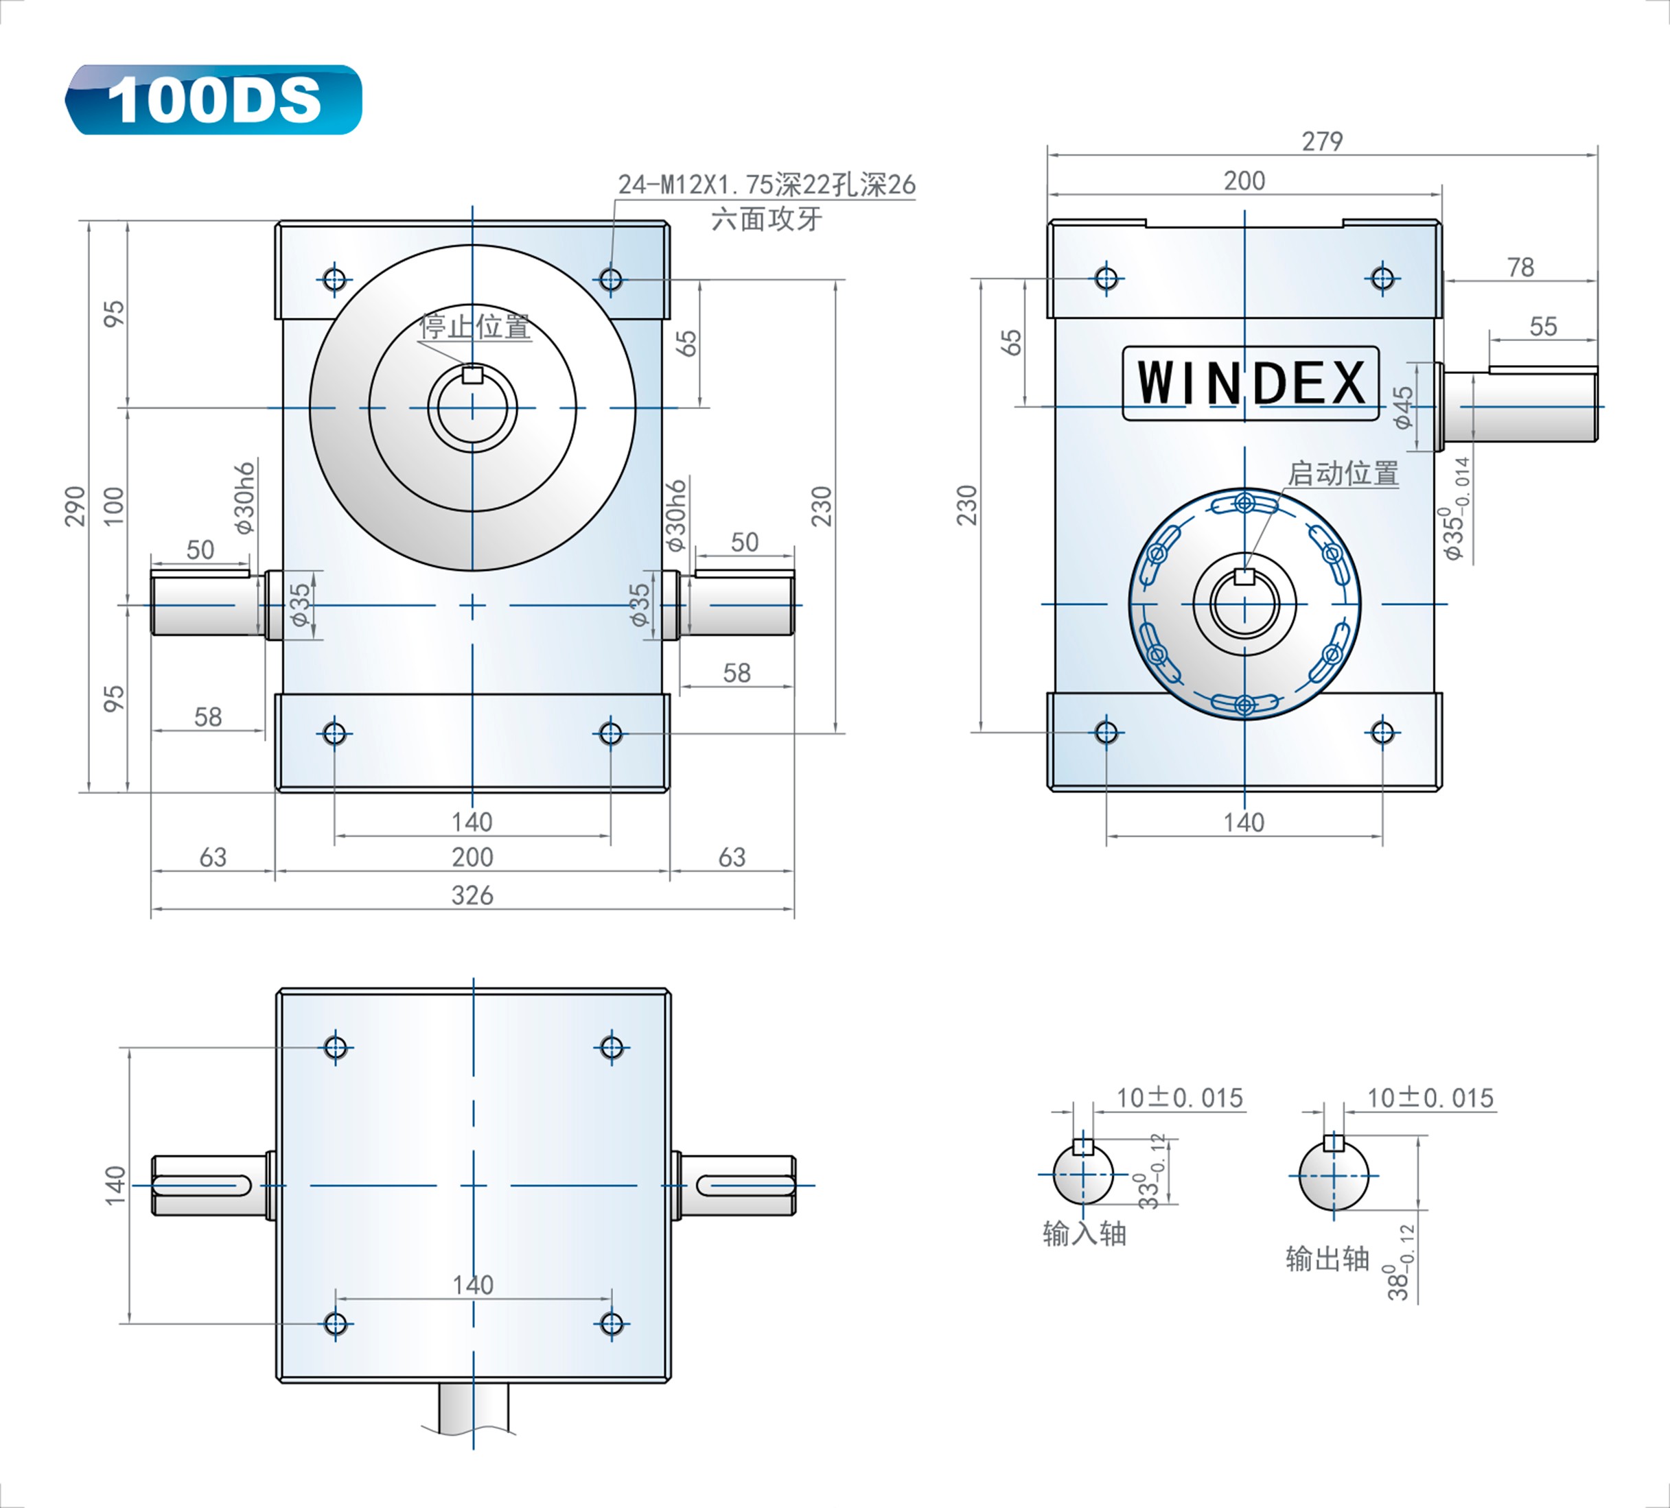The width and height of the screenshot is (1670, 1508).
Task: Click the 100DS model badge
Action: pos(213,100)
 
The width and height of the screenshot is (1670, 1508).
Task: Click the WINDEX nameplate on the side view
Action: pos(1251,383)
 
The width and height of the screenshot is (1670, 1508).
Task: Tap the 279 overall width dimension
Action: pos(1322,141)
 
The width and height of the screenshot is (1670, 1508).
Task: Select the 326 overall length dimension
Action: pos(472,895)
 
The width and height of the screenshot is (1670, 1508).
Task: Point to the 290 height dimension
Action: pos(76,506)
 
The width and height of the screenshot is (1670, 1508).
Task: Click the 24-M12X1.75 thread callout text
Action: pos(766,184)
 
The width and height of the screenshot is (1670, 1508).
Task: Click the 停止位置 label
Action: pos(476,327)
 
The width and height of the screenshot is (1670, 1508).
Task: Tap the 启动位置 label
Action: pos(1343,473)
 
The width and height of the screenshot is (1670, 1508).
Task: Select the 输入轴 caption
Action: pos(1085,1234)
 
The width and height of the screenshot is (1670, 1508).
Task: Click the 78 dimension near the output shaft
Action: pos(1520,268)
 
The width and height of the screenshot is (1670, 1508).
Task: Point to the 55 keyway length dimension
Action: pos(1543,327)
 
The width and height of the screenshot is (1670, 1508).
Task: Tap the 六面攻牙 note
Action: pos(766,220)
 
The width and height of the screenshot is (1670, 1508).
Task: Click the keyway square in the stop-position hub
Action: pos(472,375)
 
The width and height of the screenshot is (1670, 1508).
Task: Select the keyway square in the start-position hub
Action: pos(1244,576)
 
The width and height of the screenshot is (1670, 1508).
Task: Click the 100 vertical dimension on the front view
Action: pos(113,506)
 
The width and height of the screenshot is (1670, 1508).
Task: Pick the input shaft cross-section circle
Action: pos(1084,1175)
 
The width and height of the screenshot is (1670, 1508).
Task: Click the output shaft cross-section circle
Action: pos(1334,1176)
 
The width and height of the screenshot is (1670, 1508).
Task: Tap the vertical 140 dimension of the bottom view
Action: pos(115,1185)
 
